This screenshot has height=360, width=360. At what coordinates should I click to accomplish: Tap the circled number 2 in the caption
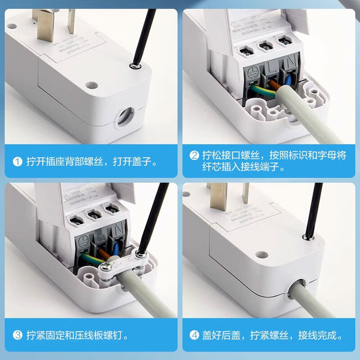(x=194, y=156)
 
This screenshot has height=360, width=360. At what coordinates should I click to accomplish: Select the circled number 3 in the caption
(x=18, y=335)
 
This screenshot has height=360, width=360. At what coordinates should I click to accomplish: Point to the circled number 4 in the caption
(x=194, y=335)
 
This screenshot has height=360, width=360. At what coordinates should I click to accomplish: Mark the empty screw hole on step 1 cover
(x=92, y=84)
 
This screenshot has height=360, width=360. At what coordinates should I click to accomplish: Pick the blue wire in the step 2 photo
(x=287, y=81)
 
